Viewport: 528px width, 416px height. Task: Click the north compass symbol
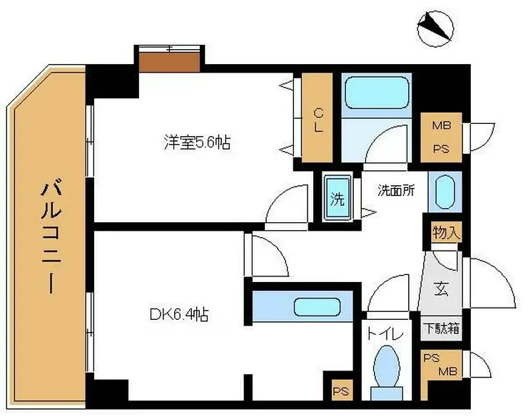(435, 28)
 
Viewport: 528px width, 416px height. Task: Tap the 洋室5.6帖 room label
(198, 142)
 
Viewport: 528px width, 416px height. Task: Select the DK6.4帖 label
(178, 314)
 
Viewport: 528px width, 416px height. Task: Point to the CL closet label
(318, 120)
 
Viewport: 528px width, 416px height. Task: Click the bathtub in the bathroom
(377, 93)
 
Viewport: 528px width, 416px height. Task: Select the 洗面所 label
(396, 190)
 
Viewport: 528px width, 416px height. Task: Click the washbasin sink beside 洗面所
(445, 192)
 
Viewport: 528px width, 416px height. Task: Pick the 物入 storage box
(446, 232)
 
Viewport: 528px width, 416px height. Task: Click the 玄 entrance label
(441, 288)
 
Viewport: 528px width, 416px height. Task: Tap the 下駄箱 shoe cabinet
(441, 328)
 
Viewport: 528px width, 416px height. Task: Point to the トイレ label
(385, 334)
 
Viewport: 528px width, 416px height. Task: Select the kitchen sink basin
(317, 307)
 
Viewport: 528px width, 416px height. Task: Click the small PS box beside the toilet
(342, 390)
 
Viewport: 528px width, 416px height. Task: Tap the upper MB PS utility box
(441, 137)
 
